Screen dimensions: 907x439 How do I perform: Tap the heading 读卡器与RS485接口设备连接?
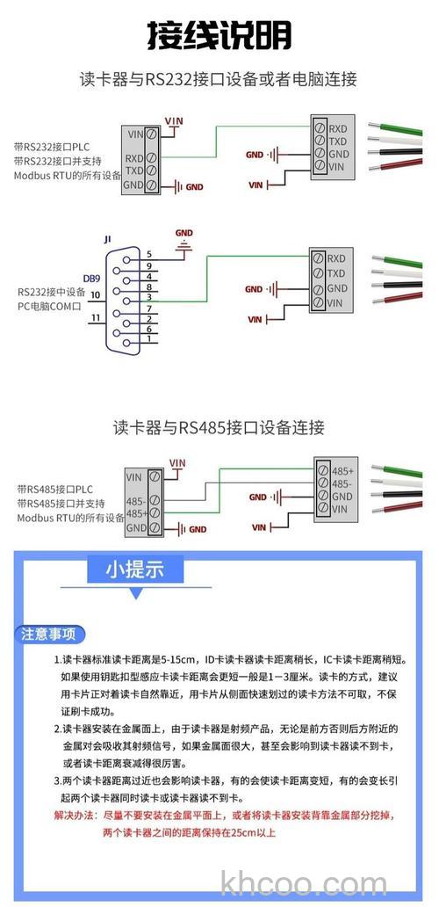tap(219, 428)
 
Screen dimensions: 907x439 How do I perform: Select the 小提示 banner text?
tap(135, 569)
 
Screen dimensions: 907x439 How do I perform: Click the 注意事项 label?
tap(49, 634)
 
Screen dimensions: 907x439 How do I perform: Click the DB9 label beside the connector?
tap(91, 278)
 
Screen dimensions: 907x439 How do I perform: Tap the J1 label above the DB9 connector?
tap(108, 238)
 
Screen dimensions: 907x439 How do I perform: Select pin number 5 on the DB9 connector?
tap(149, 254)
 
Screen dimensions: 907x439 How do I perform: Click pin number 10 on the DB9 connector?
tap(94, 294)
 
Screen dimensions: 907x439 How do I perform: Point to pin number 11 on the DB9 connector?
tap(95, 317)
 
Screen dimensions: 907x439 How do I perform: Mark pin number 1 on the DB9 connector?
tap(149, 338)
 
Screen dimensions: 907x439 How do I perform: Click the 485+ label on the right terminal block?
tap(342, 471)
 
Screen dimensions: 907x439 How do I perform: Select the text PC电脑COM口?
tap(49, 306)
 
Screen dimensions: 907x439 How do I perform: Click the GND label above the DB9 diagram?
tap(184, 234)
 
